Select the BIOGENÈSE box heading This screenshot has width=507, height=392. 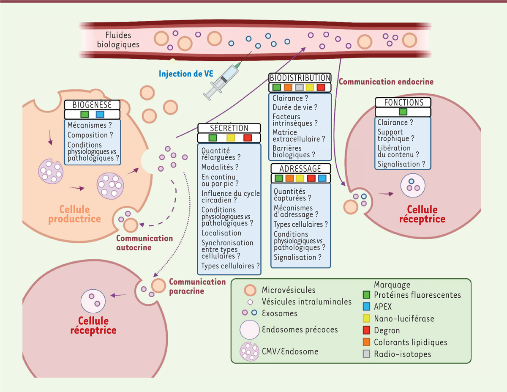(x=92, y=105)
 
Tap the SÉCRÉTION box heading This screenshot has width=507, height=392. (x=229, y=128)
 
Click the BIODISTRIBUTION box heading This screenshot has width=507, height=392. (x=300, y=78)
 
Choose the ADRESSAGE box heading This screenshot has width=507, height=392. (x=300, y=168)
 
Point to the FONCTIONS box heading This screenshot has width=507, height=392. (x=403, y=102)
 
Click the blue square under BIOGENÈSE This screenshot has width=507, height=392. (x=100, y=114)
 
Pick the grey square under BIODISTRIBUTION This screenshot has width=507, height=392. (x=299, y=88)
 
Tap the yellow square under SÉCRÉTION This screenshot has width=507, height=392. (x=230, y=138)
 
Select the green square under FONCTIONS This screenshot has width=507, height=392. (x=403, y=112)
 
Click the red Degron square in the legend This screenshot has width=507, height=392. (x=367, y=331)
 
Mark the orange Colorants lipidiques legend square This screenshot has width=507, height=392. (x=367, y=342)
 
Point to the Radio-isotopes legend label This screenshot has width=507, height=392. (x=403, y=354)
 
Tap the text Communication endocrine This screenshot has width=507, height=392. (x=386, y=81)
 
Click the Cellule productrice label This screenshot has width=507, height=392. (x=74, y=214)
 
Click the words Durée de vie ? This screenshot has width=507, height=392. (x=295, y=107)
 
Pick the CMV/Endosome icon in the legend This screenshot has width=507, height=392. (x=249, y=351)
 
